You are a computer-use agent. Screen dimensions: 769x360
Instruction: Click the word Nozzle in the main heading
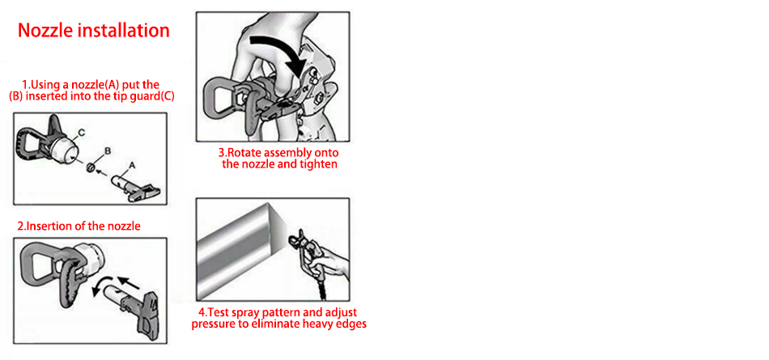click(45, 31)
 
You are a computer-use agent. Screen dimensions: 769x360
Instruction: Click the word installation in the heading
click(123, 31)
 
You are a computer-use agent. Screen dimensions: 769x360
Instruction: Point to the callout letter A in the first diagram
click(131, 167)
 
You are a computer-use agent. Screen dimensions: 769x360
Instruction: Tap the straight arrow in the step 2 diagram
click(129, 283)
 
